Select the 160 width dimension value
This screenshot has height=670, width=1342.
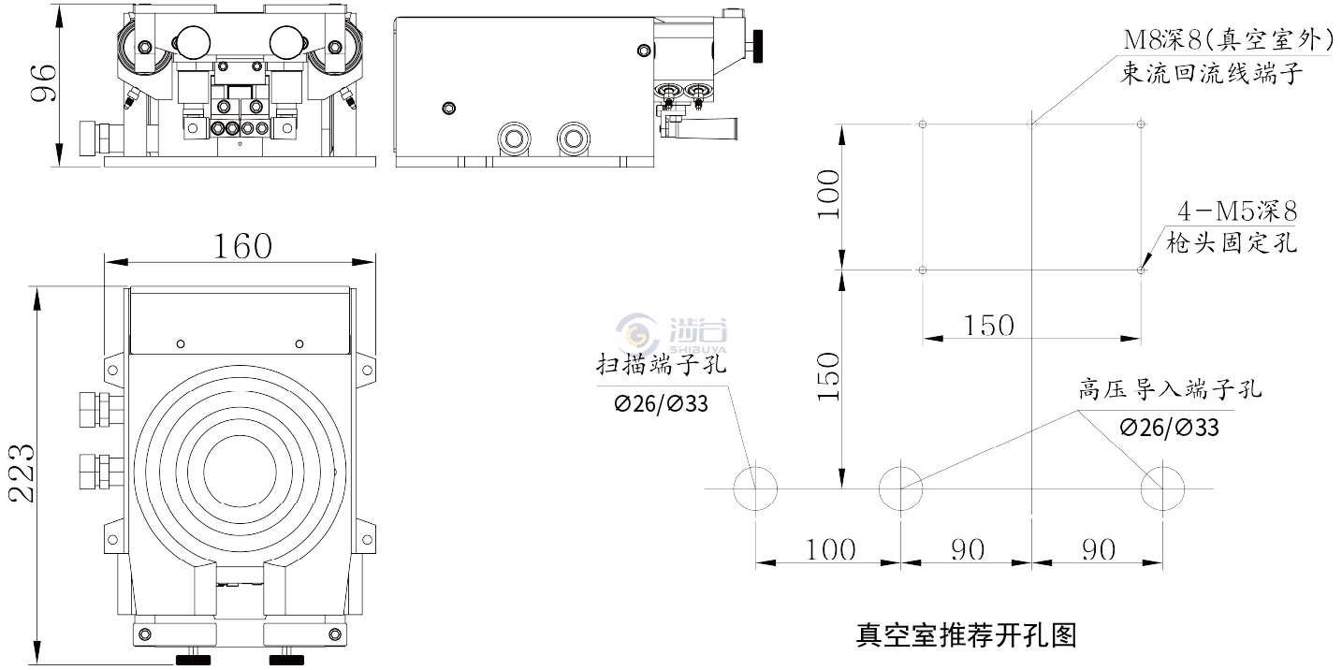coord(242,246)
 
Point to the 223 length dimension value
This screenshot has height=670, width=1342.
coord(22,472)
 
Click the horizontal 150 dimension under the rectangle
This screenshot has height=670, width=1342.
coord(988,326)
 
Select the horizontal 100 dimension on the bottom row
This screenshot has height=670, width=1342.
coord(831,549)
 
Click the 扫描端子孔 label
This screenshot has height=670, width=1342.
coord(662,366)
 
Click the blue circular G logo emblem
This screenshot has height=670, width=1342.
coord(636,334)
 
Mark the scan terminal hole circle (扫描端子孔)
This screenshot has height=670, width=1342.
coord(754,488)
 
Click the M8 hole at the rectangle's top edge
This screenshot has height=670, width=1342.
coord(1030,123)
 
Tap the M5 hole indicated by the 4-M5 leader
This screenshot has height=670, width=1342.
coord(1141,270)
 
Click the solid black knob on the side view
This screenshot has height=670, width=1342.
coord(756,43)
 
